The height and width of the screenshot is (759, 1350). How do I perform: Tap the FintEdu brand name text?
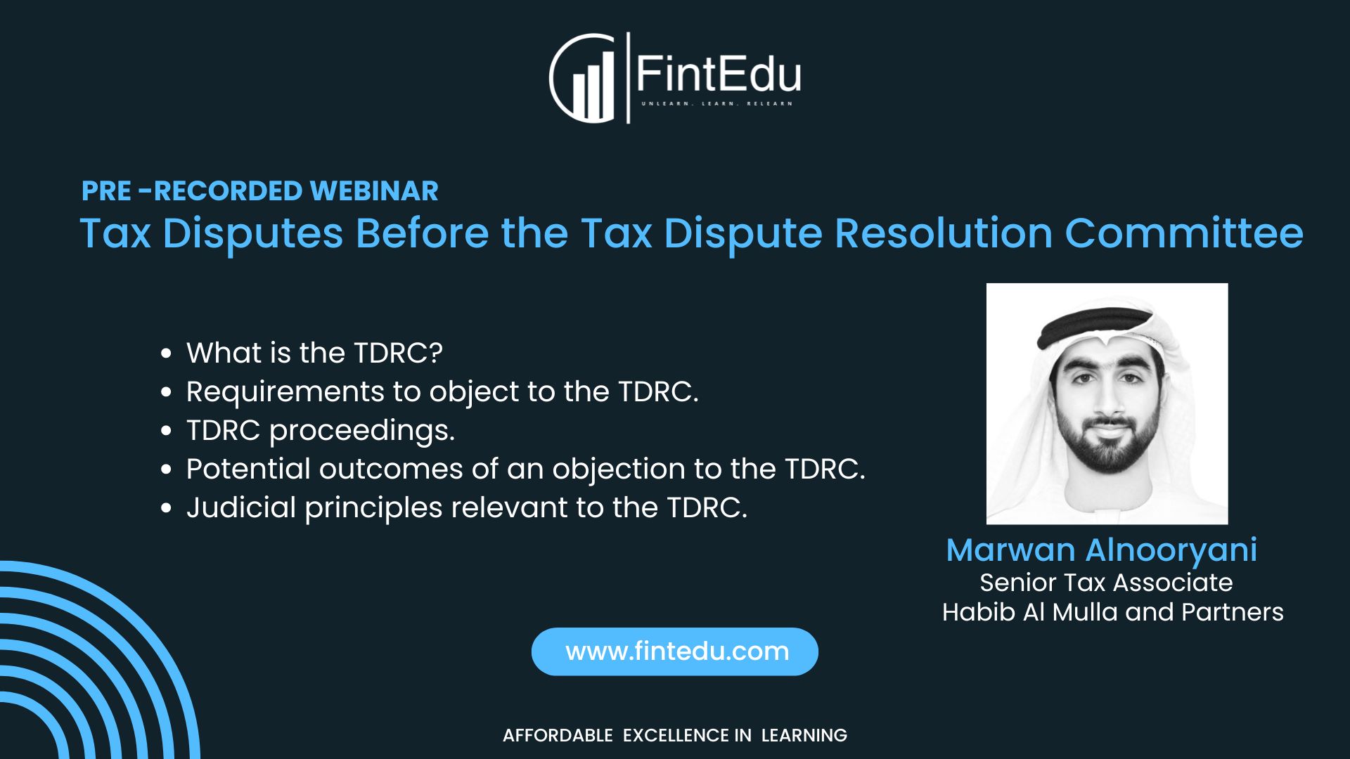click(718, 75)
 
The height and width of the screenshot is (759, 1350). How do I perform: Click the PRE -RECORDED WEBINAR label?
click(259, 191)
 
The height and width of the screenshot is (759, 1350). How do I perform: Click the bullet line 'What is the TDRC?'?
click(314, 353)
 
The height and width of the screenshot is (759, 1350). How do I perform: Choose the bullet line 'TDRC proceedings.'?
click(321, 430)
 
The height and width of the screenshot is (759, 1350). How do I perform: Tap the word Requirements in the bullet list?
click(285, 392)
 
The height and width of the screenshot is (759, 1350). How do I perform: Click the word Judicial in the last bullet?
click(241, 507)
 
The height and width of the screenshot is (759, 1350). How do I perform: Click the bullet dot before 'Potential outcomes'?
click(166, 469)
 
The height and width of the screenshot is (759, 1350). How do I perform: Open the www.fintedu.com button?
click(675, 651)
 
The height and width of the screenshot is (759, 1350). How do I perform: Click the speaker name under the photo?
click(1102, 550)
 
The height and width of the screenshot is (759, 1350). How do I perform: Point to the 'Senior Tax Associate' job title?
click(1106, 583)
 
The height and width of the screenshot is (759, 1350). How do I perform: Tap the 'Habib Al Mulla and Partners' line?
click(1113, 612)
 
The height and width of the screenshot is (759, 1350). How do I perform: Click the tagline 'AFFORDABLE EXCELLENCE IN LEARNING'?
click(675, 735)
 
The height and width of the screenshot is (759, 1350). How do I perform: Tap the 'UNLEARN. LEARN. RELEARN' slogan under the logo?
click(717, 104)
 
